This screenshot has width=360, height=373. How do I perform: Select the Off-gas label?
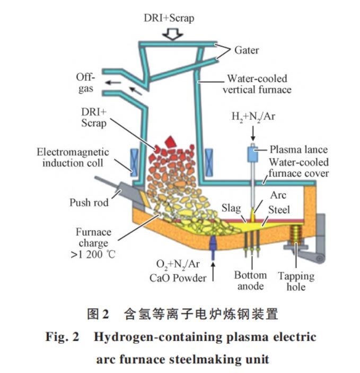click(x=84, y=83)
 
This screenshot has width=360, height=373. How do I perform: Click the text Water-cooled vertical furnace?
click(x=257, y=83)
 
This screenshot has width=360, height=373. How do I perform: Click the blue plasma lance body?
click(x=252, y=154)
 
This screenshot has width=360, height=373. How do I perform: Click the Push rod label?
click(x=89, y=202)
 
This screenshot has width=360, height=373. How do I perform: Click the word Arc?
click(x=278, y=194)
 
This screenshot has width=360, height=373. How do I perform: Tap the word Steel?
click(x=279, y=209)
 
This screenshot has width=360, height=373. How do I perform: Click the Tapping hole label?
click(x=296, y=281)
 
